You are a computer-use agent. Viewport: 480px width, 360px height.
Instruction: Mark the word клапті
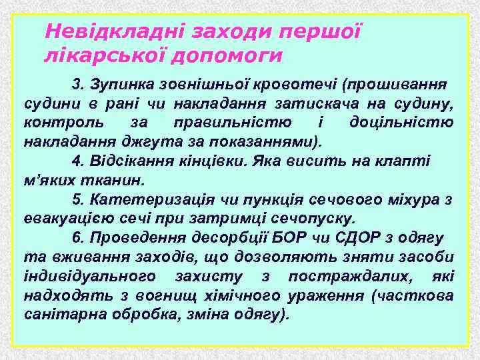click(x=407, y=161)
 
